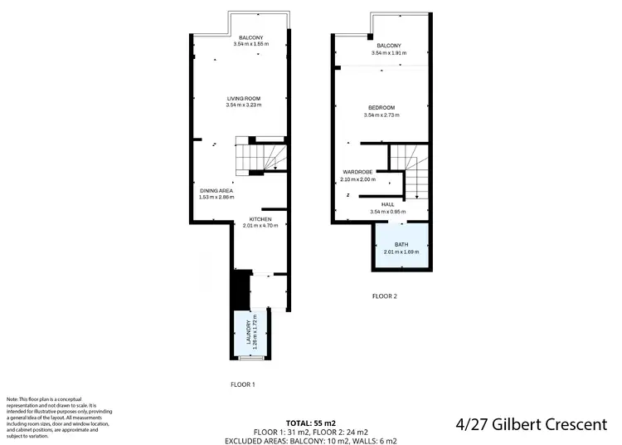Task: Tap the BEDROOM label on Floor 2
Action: tap(381, 107)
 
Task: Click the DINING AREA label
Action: tap(216, 191)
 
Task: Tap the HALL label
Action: tap(387, 203)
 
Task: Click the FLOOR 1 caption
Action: tap(242, 384)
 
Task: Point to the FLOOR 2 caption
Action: tap(385, 296)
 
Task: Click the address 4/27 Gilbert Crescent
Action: tap(532, 425)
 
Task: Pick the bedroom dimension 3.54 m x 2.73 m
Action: tap(381, 115)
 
